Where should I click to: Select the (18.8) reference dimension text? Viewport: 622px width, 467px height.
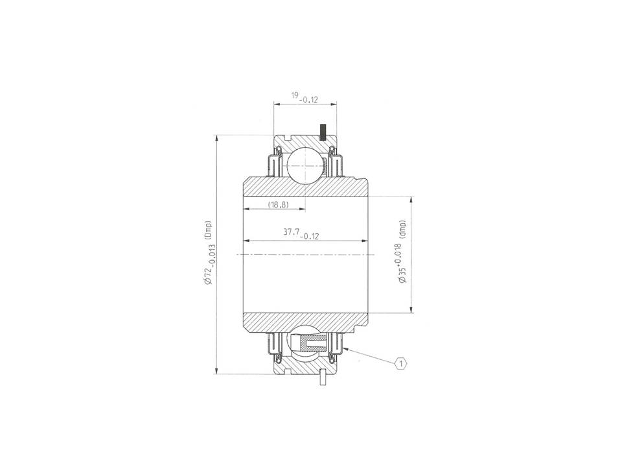[278, 205]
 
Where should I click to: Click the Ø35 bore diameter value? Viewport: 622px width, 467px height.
[402, 275]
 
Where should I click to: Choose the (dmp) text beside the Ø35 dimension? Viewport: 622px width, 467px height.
[403, 229]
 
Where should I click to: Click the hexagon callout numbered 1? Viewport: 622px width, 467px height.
[401, 363]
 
